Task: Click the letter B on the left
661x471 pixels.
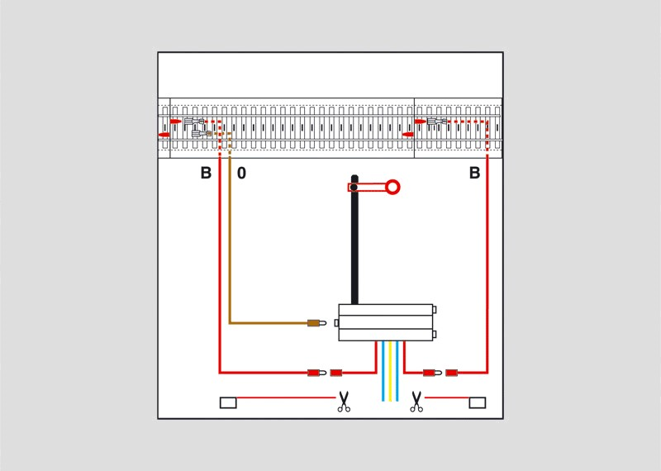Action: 206,173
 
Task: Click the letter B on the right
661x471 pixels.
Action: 474,173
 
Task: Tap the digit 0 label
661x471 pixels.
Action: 241,173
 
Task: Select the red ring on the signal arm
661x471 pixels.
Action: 392,187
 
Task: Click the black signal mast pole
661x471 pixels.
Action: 354,240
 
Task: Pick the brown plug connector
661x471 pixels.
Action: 316,323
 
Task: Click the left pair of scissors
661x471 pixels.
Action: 344,402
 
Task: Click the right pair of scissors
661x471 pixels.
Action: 416,402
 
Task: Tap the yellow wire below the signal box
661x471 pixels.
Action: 390,371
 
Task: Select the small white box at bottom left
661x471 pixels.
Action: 228,402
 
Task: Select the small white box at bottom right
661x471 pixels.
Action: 478,402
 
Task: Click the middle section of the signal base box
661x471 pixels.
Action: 386,322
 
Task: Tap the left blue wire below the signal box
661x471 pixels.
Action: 383,371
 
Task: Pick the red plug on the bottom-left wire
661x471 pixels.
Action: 316,373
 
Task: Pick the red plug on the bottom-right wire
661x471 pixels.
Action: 432,373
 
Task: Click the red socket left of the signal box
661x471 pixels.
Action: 336,373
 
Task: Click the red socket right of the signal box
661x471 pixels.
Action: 451,373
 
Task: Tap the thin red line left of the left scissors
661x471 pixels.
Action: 286,397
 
